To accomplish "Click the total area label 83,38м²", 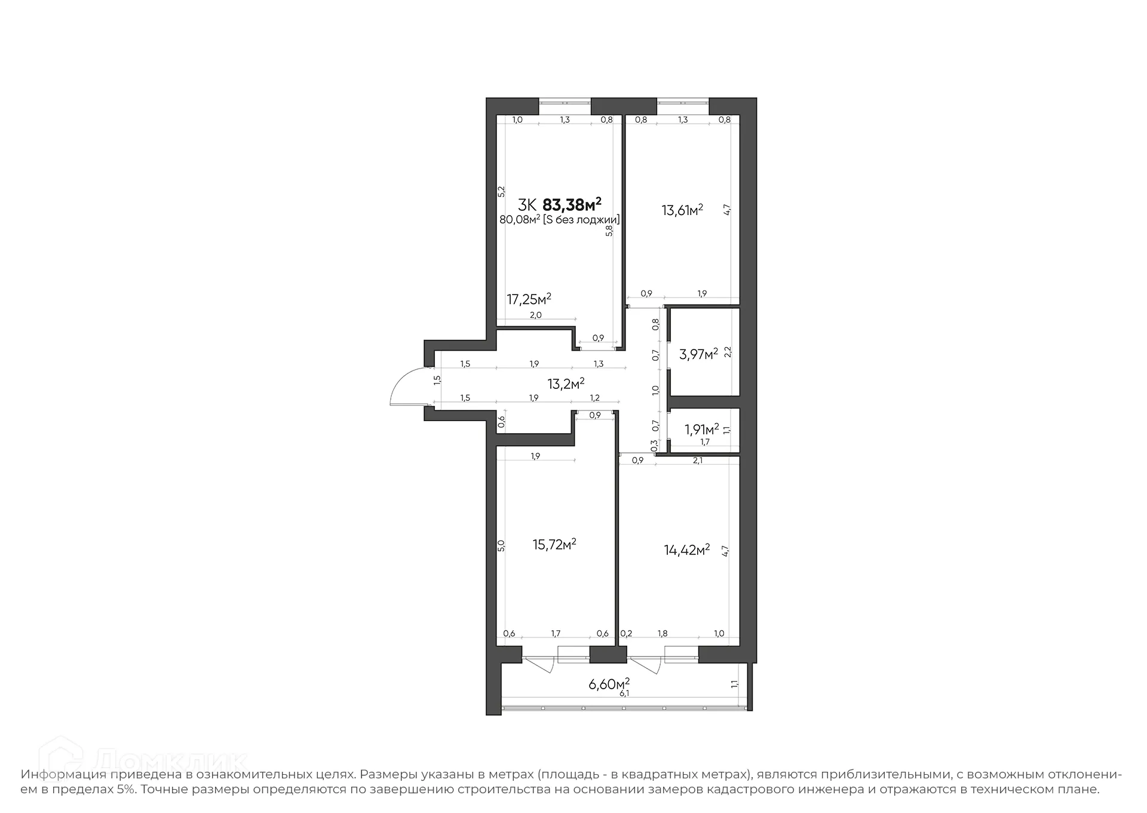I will click(x=571, y=205).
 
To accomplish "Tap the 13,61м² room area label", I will click(x=682, y=210).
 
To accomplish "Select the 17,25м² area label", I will click(x=529, y=299).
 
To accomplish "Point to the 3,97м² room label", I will click(x=698, y=354).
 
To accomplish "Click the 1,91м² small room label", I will click(x=701, y=429).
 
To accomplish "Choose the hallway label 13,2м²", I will click(x=566, y=384).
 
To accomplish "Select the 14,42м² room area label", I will click(x=686, y=550).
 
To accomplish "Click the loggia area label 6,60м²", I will click(x=609, y=683).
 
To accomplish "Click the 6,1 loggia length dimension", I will click(x=624, y=694).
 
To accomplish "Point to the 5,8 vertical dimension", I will click(x=609, y=231).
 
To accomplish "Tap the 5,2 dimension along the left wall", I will click(x=502, y=191).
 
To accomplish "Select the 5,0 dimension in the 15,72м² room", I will click(x=502, y=545).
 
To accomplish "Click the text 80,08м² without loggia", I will click(x=559, y=220).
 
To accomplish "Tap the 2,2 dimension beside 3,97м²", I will click(x=728, y=352).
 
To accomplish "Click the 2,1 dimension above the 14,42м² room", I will click(x=697, y=461).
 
